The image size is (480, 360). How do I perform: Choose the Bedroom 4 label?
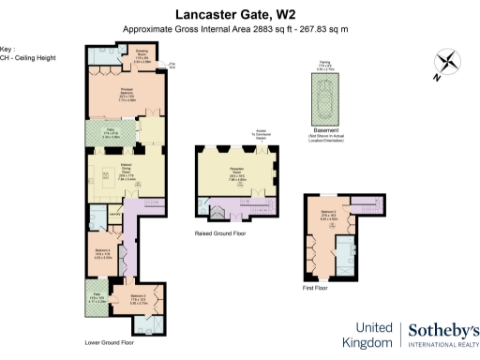coord(103,253)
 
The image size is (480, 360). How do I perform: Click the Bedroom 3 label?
coord(137,302)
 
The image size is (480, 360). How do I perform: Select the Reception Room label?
coord(236,171)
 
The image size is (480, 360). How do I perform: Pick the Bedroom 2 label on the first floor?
coord(327,215)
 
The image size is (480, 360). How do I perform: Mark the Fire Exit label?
coord(172,67)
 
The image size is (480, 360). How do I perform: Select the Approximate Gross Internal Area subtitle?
coord(229,29)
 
